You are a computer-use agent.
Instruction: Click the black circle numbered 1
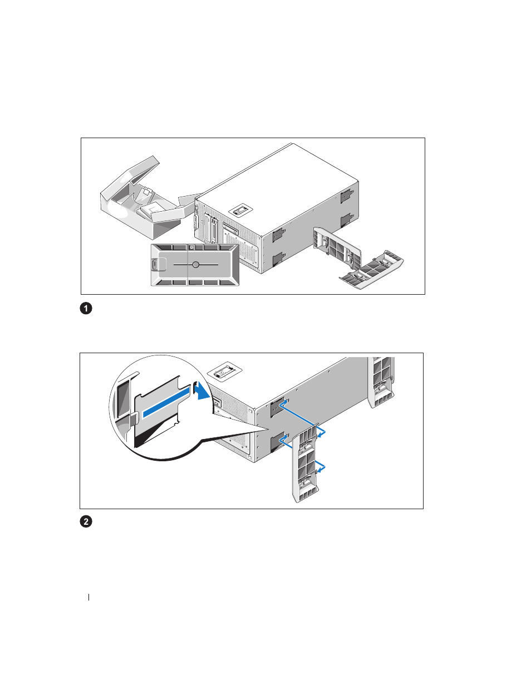tap(86, 308)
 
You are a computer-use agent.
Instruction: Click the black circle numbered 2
tap(86, 521)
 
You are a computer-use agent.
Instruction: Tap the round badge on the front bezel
tap(196, 265)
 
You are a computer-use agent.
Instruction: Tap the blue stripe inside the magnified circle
tap(166, 405)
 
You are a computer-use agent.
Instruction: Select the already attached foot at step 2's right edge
tap(381, 382)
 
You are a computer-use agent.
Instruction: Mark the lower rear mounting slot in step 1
tap(347, 220)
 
